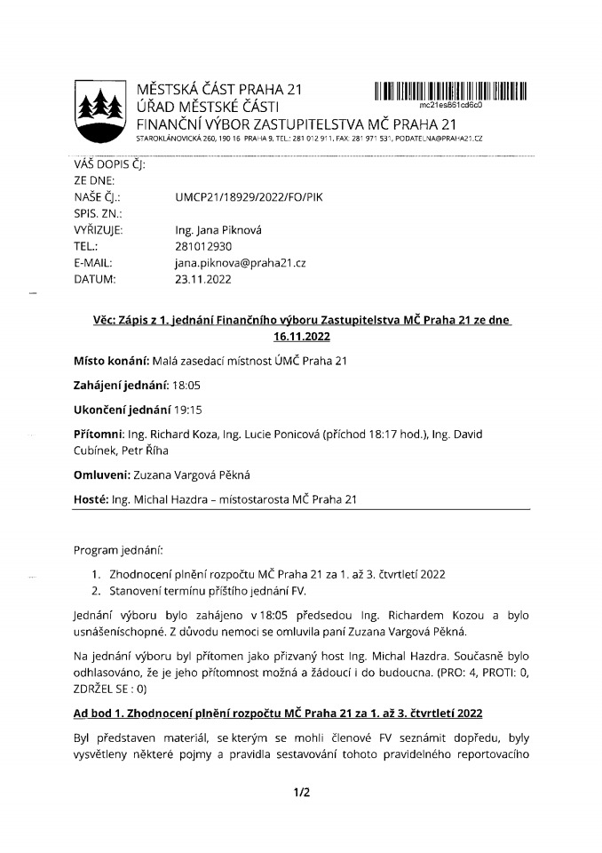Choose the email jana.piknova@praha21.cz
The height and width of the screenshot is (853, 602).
pyautogui.click(x=240, y=263)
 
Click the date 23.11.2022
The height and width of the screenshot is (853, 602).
pyautogui.click(x=203, y=279)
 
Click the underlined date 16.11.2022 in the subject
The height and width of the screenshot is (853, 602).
pyautogui.click(x=301, y=337)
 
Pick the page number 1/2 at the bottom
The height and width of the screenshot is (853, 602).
pyautogui.click(x=301, y=793)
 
